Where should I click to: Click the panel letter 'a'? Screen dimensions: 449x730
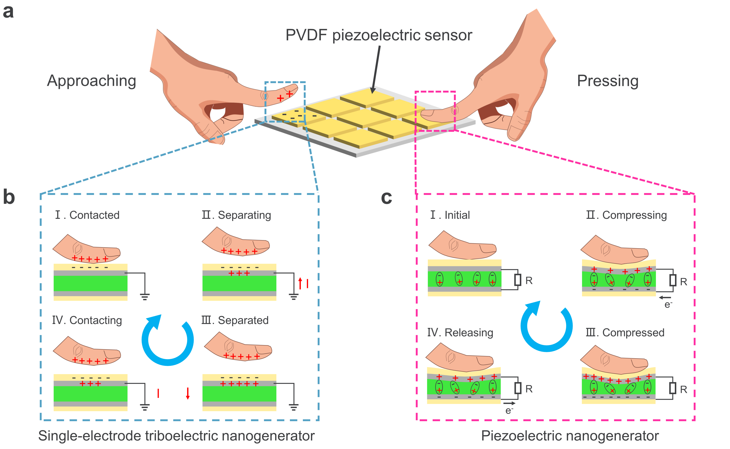[8, 12]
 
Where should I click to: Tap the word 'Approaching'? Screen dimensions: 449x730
[92, 81]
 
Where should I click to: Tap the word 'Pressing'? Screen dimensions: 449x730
[607, 81]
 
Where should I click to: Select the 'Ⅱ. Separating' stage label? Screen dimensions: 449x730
[236, 215]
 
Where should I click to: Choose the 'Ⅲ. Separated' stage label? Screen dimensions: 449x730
[235, 320]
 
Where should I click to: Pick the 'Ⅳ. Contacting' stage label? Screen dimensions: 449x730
[87, 320]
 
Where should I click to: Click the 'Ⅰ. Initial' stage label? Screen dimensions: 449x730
[450, 215]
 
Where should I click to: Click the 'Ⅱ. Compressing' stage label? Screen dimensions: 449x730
[626, 215]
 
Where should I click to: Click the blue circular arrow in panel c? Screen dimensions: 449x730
[546, 327]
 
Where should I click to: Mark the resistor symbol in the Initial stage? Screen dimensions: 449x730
[518, 280]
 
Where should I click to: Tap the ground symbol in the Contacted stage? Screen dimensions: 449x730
[145, 296]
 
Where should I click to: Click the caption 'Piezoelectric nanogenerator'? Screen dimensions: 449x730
[570, 436]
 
